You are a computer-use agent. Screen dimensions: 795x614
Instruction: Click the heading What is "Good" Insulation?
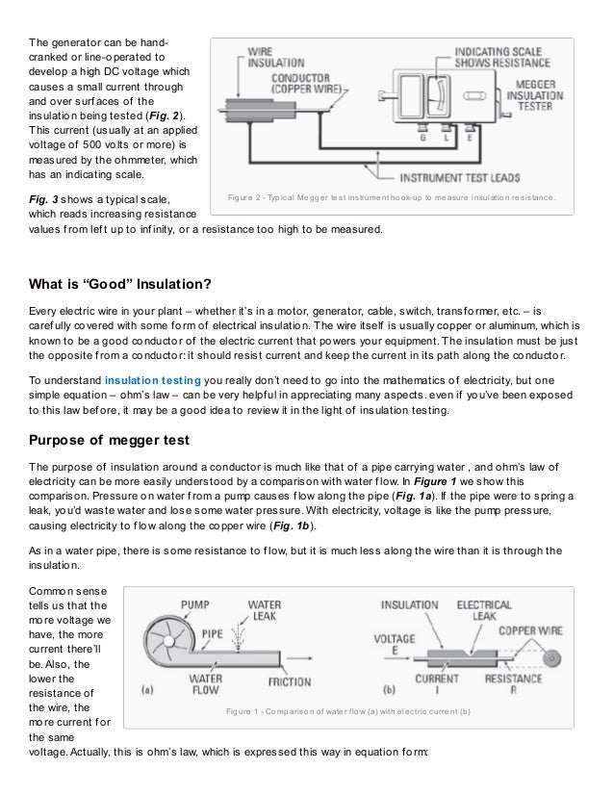click(x=123, y=284)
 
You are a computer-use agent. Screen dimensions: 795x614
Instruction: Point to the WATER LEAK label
click(x=265, y=613)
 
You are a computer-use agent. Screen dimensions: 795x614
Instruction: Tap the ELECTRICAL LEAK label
click(x=484, y=612)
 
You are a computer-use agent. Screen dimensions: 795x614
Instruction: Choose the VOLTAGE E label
click(x=394, y=642)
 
